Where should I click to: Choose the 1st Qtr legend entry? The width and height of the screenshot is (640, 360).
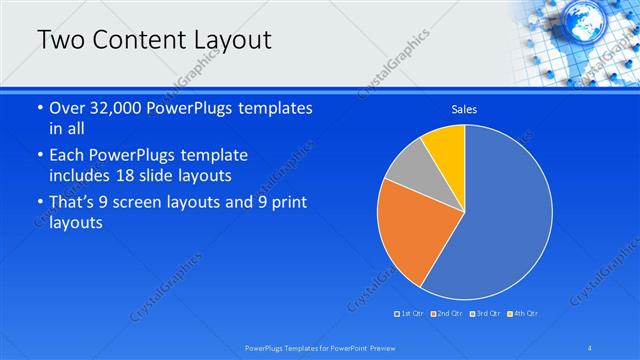pos(409,314)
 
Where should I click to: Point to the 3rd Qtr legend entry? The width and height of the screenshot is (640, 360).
pos(484,314)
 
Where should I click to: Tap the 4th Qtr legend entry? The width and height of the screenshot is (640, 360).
pos(522,314)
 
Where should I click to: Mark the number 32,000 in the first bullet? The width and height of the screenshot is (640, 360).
pos(125,108)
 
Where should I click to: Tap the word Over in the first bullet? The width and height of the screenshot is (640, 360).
pos(68,108)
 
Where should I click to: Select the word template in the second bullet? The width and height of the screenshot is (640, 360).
pos(215,156)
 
